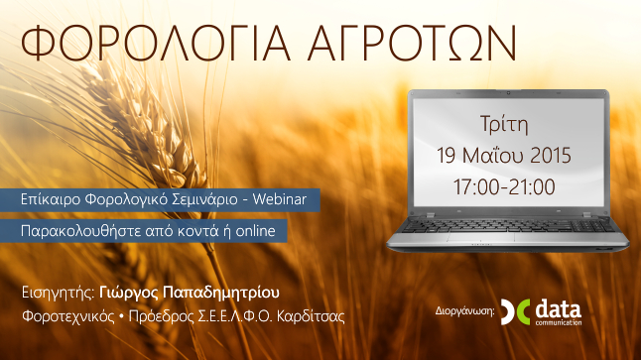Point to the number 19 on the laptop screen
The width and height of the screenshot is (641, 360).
pos(448,157)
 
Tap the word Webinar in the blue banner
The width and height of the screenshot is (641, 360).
pos(281,199)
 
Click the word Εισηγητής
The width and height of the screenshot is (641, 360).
pos(58,294)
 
